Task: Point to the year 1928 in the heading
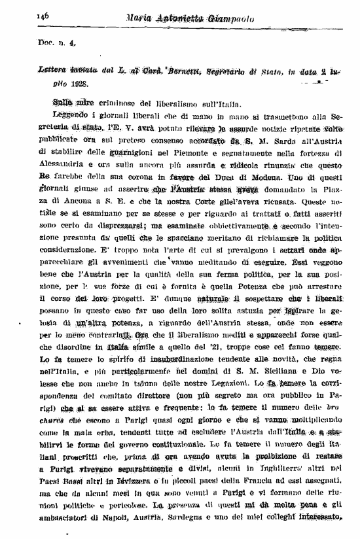point(78,84)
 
